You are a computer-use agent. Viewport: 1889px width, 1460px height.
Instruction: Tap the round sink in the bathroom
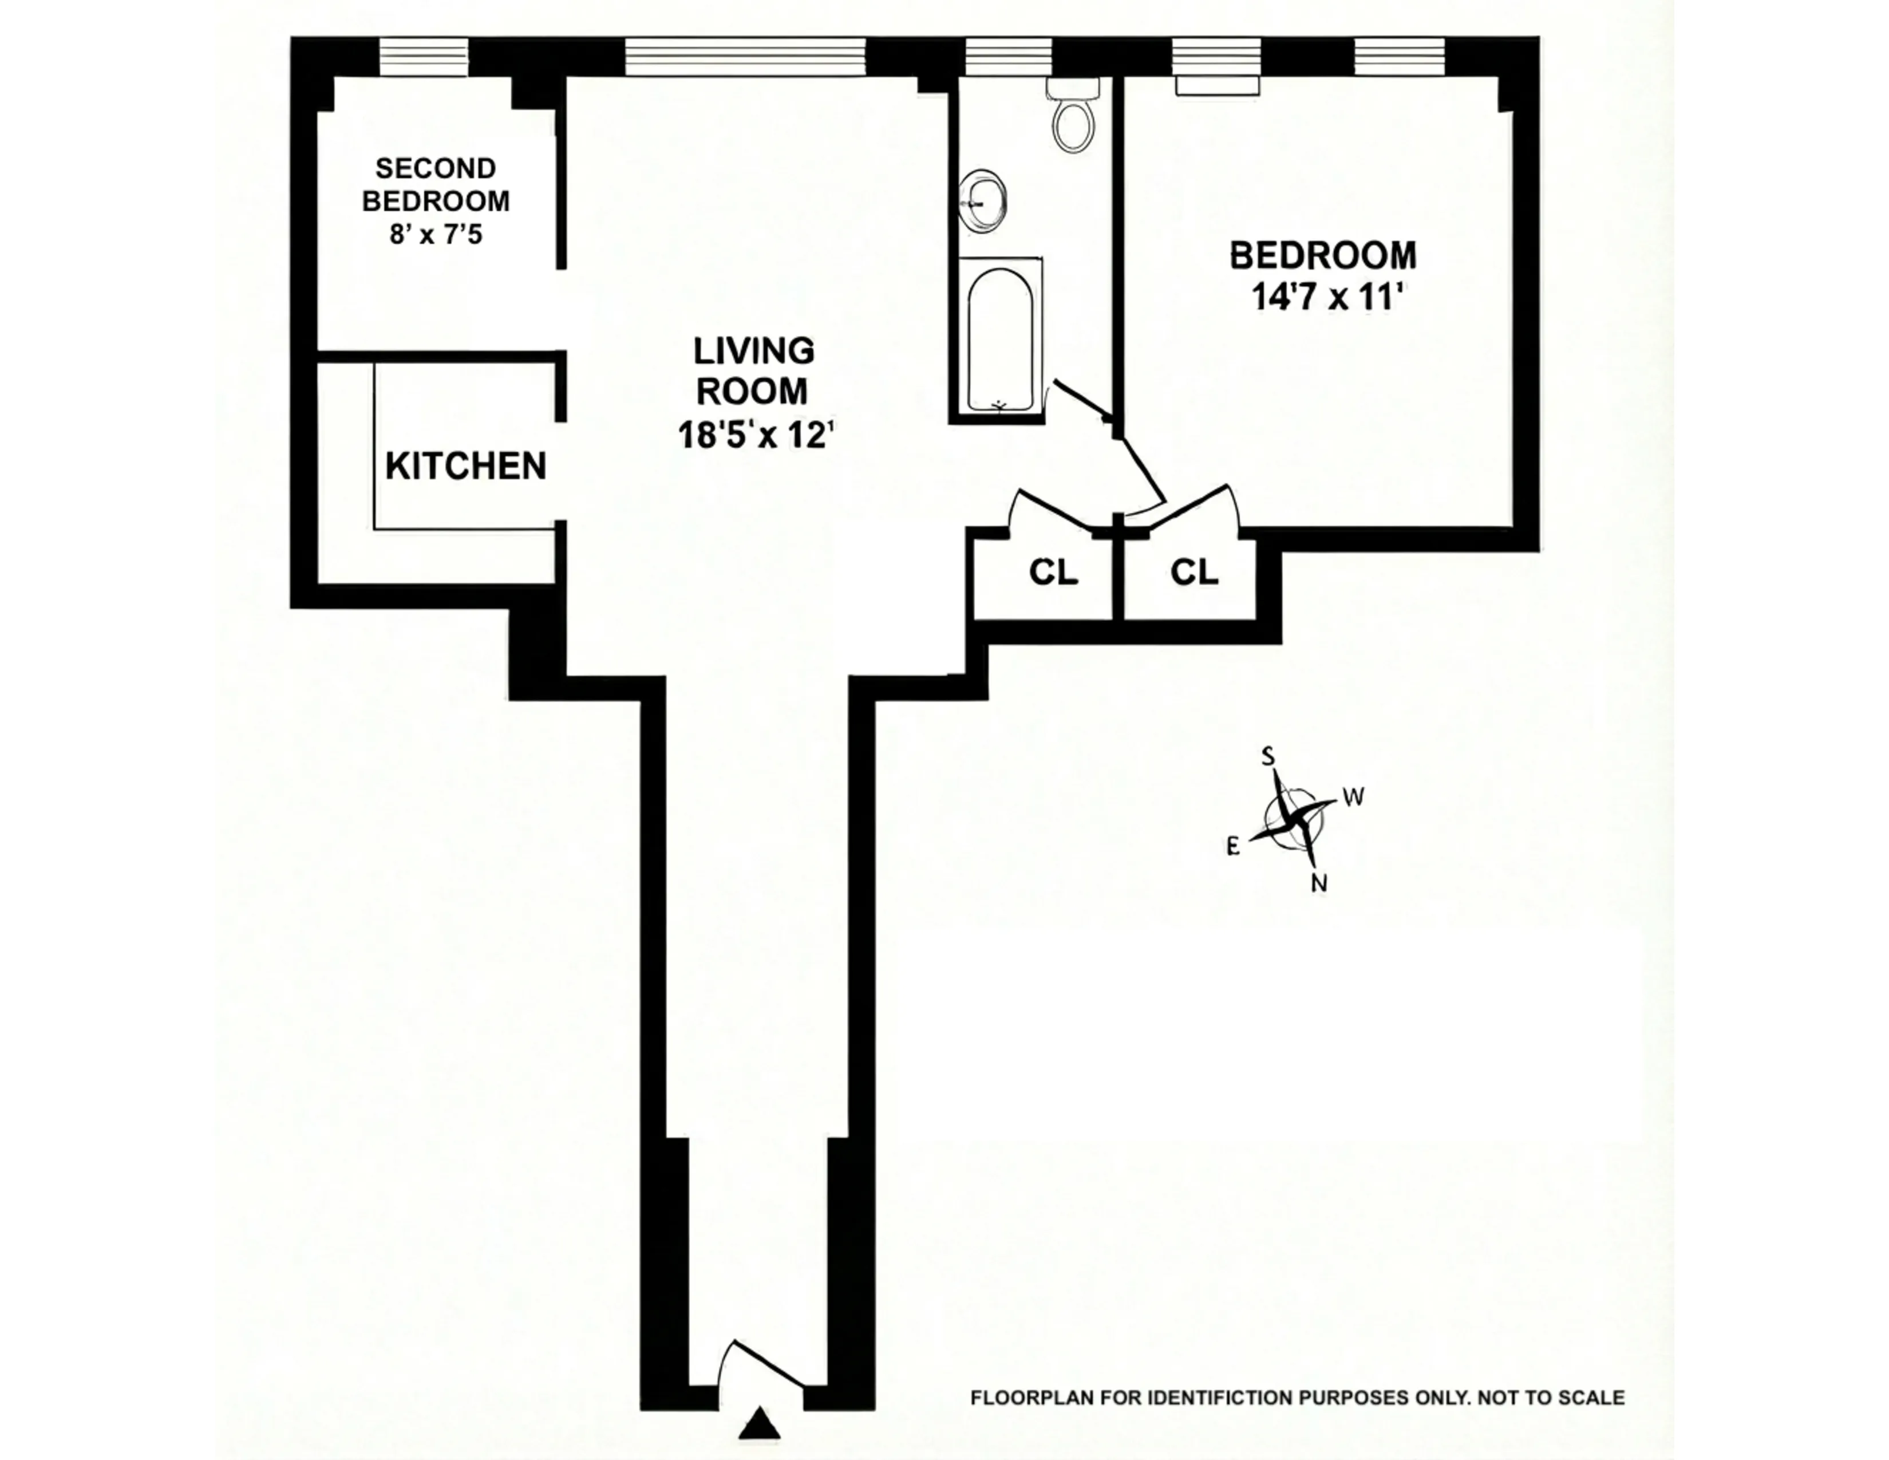pos(982,200)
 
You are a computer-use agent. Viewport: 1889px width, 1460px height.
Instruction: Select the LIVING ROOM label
pos(753,371)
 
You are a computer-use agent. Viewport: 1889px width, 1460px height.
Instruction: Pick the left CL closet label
pos(1053,572)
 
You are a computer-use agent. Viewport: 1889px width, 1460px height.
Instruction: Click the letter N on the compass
pos(1319,883)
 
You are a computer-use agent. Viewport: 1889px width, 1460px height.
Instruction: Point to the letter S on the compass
pos(1268,757)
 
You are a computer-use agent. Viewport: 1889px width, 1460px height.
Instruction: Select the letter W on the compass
pos(1354,796)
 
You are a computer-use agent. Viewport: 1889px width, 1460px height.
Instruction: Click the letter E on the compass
pos(1234,847)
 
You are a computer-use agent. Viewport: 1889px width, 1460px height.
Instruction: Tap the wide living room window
pos(745,57)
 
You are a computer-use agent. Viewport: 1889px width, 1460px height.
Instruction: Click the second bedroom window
pos(424,57)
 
